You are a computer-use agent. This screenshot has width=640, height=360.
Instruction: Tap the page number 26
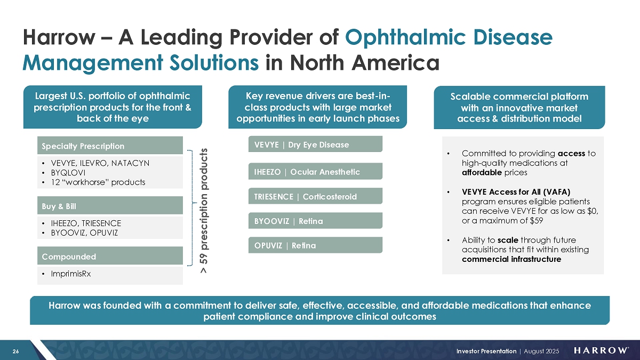pos(16,350)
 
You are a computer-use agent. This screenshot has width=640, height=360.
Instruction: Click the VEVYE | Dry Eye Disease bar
pos(315,145)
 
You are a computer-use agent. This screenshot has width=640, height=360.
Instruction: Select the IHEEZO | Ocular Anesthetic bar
pos(315,171)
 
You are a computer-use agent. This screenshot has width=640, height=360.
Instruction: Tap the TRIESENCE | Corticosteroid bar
pos(315,196)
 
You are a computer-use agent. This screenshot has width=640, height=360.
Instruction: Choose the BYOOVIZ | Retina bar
pos(315,221)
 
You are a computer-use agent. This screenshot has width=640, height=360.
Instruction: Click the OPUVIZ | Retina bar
pos(315,245)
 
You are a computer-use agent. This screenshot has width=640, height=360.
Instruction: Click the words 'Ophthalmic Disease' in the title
pos(449,37)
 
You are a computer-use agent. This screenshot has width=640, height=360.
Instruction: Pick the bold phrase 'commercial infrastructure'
pos(510,259)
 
